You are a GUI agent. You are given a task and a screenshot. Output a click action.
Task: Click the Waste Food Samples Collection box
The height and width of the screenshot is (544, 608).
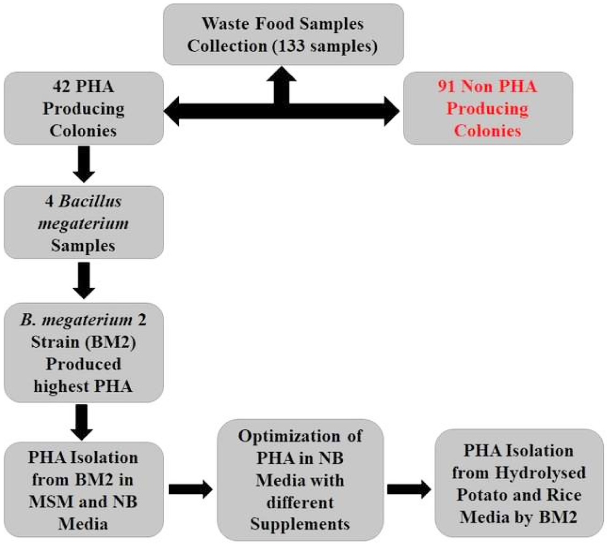click(x=283, y=35)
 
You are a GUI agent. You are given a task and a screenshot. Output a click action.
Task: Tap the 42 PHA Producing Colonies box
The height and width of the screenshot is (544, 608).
click(x=84, y=108)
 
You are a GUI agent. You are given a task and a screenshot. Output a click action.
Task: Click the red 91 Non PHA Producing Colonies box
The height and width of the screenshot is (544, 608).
click(x=487, y=108)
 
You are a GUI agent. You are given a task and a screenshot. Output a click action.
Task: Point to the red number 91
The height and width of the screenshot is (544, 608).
click(x=447, y=86)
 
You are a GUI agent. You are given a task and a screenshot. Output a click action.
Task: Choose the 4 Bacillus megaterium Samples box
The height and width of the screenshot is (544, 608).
click(x=84, y=222)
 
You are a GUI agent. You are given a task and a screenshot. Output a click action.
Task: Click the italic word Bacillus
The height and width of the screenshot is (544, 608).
click(x=91, y=201)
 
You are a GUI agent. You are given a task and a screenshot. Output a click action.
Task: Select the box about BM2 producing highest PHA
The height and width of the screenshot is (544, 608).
click(x=84, y=353)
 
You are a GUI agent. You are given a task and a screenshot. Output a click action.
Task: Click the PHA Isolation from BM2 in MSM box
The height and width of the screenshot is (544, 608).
click(x=84, y=490)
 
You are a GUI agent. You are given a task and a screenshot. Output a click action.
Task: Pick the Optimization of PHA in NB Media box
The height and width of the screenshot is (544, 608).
click(x=300, y=480)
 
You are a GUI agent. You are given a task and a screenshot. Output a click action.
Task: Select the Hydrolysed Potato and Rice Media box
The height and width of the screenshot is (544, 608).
click(x=519, y=483)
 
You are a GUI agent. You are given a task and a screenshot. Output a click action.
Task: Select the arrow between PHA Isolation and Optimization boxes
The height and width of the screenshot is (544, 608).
click(x=190, y=490)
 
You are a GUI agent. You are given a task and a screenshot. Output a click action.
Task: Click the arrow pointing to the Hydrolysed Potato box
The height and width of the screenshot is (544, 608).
click(x=409, y=490)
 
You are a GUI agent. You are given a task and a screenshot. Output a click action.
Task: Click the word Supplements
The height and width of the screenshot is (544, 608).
click(x=300, y=524)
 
